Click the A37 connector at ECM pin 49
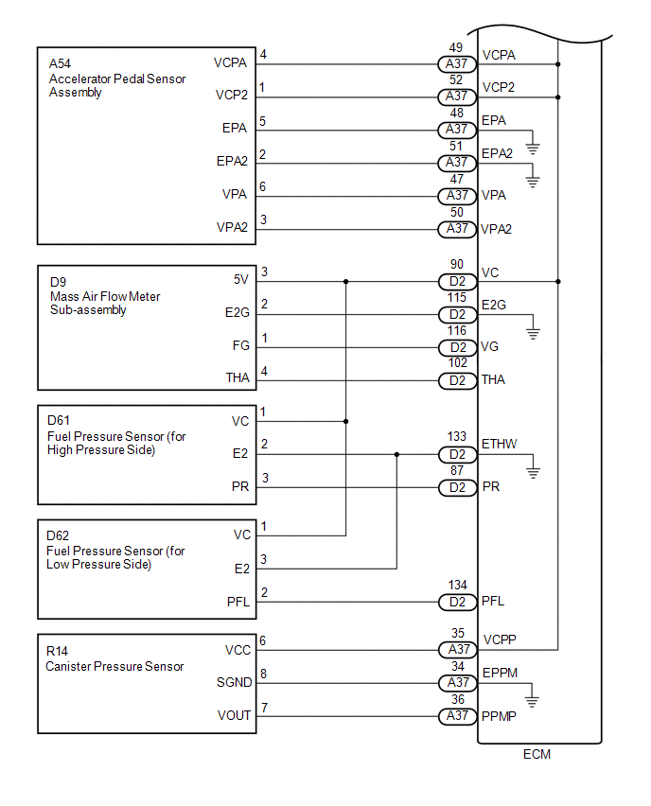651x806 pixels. [x=457, y=64]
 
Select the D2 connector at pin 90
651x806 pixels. [x=457, y=282]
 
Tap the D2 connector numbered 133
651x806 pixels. [x=457, y=455]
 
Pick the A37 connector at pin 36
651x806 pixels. [x=457, y=716]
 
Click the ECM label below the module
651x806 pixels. [x=537, y=755]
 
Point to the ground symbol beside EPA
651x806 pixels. [x=534, y=147]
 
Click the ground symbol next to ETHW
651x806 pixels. [x=534, y=471]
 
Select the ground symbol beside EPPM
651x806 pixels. [x=534, y=701]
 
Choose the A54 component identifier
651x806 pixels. [x=60, y=64]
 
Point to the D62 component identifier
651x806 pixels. [x=59, y=537]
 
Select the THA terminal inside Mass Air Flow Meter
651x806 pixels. [x=238, y=378]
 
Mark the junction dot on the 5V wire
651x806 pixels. [x=347, y=282]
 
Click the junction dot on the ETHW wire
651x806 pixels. [x=396, y=455]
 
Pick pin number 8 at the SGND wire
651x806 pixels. [x=263, y=674]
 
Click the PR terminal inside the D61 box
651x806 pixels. [x=239, y=487]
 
